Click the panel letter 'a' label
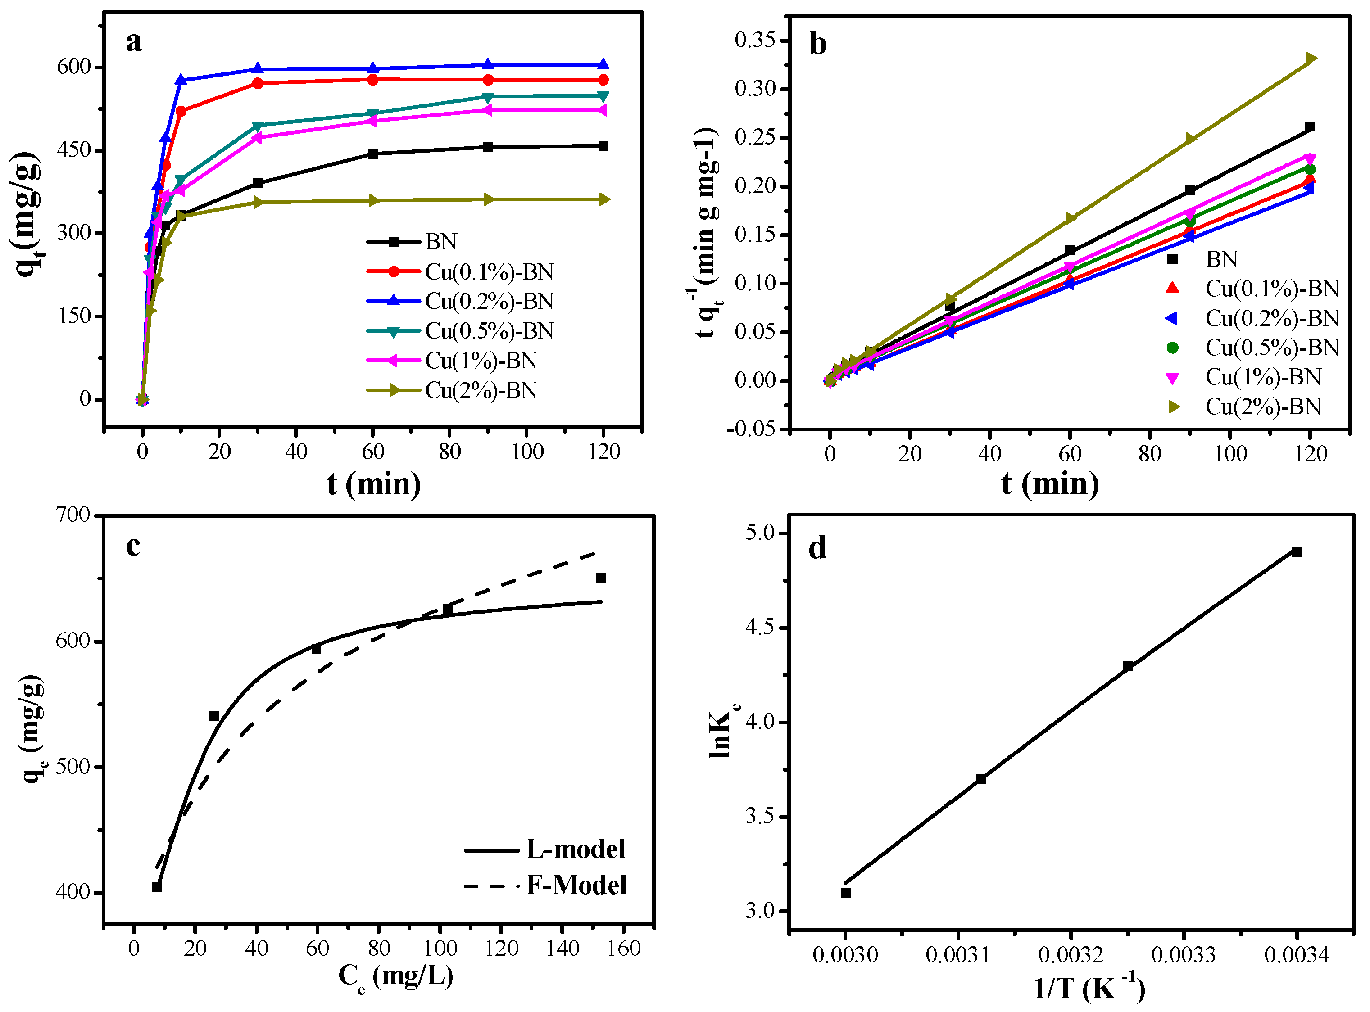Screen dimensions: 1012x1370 [x=134, y=42]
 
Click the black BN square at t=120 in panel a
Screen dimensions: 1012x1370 [x=603, y=146]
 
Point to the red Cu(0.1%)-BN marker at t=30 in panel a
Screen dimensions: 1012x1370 [x=257, y=83]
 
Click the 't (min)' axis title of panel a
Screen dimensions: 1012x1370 [x=374, y=484]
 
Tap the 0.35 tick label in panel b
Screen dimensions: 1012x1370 [x=755, y=41]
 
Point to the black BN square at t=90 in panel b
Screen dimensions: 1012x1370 [x=1190, y=190]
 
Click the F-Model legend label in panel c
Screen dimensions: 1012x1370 [x=576, y=885]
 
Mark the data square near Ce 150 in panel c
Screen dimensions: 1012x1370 [x=600, y=578]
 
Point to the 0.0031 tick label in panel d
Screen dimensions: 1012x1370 [x=957, y=955]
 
